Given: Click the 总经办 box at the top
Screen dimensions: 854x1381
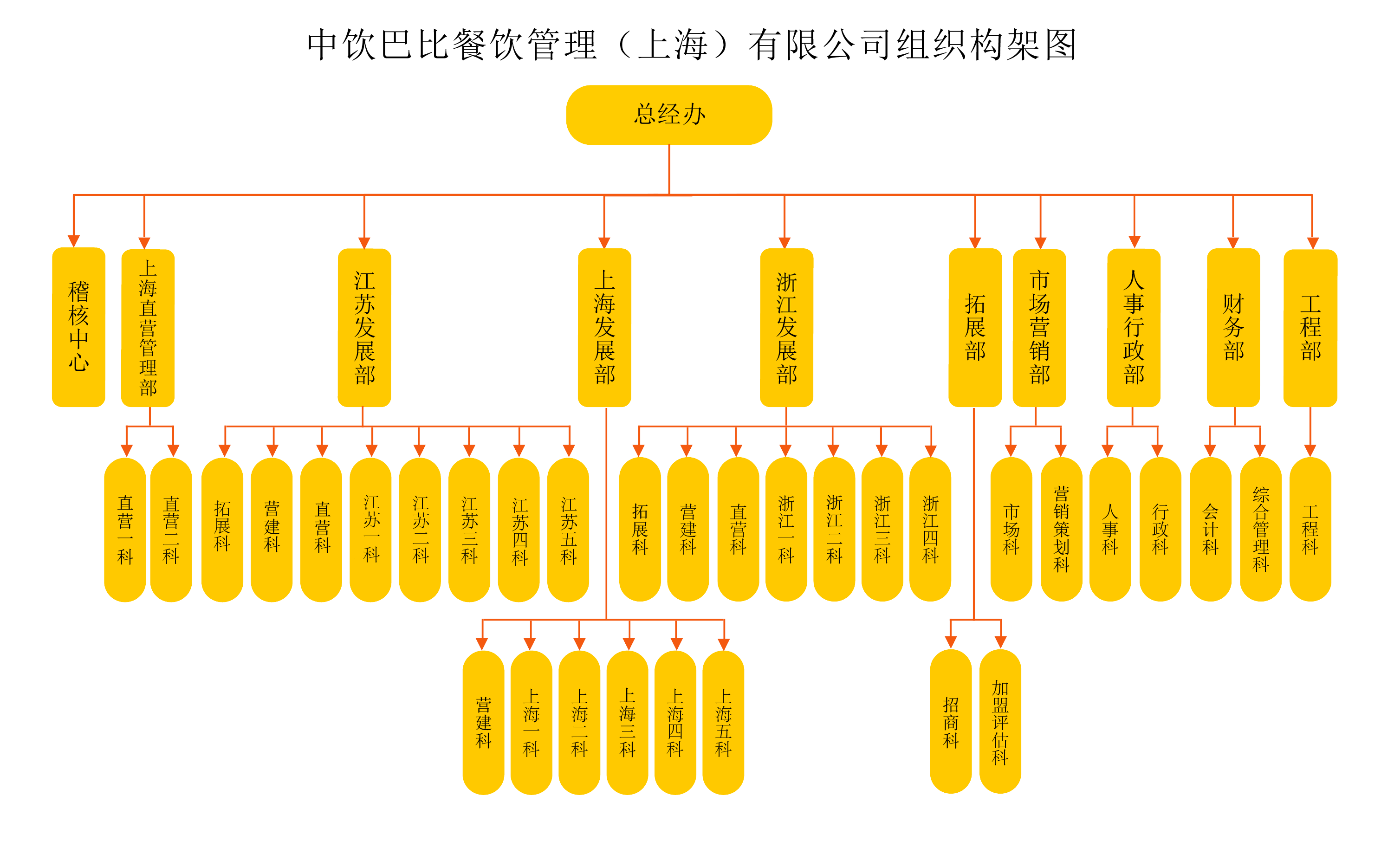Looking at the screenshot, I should [x=669, y=115].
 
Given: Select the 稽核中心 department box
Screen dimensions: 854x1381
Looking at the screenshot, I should [x=78, y=327].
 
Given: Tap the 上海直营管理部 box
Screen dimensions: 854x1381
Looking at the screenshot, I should [x=148, y=328].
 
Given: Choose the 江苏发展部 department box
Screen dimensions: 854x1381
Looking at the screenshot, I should [x=364, y=328].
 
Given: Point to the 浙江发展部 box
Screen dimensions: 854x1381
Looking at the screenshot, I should [x=786, y=328].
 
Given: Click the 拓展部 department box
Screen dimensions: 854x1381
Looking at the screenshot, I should [x=975, y=328].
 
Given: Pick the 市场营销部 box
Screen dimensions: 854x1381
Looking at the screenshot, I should [x=1039, y=328].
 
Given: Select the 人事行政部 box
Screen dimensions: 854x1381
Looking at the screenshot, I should [x=1134, y=328].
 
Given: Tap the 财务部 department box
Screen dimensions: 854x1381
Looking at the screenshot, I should [x=1233, y=328].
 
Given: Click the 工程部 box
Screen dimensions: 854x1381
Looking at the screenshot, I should [x=1310, y=328].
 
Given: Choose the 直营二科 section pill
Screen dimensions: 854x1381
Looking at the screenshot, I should [x=171, y=529].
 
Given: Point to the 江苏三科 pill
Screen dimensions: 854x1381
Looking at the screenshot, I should [x=469, y=529].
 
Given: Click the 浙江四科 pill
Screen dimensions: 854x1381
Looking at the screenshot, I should [x=930, y=529].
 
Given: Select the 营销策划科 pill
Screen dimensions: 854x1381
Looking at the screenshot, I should [x=1061, y=529].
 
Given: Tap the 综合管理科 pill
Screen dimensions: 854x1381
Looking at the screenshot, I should [x=1261, y=529].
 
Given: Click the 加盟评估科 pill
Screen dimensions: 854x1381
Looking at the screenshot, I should [x=1000, y=722].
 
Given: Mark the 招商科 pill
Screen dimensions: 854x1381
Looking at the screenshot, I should [x=951, y=722].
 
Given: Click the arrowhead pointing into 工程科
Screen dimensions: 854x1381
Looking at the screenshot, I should [x=1310, y=451].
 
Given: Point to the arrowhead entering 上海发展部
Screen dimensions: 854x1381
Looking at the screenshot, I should [x=604, y=243].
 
